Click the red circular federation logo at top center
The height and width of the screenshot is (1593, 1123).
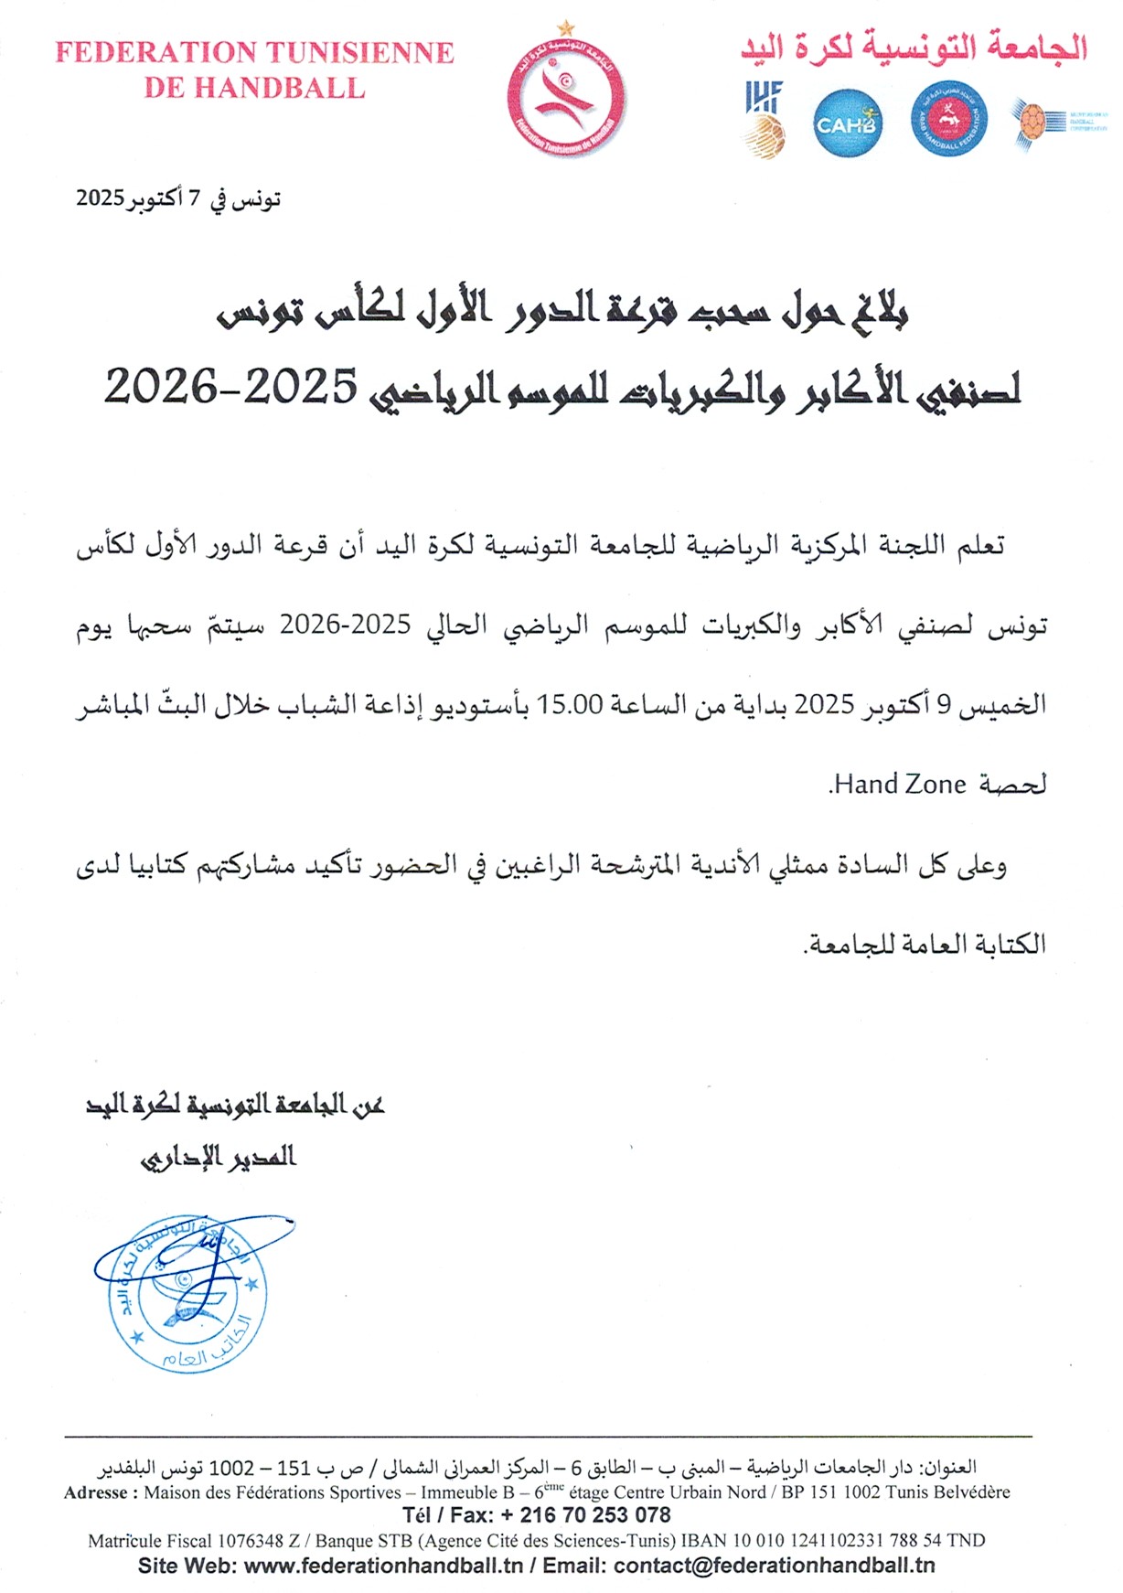pos(566,96)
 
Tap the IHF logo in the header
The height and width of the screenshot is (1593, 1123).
pos(765,120)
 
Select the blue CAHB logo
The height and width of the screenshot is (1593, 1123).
pos(847,123)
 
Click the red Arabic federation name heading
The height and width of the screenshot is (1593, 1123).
pos(914,47)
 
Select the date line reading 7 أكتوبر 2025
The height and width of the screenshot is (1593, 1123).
pos(178,198)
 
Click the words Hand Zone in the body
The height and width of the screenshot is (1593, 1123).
pos(900,784)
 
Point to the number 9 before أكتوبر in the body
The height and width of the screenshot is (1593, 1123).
pos(945,704)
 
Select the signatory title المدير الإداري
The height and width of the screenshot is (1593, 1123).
pos(219,1157)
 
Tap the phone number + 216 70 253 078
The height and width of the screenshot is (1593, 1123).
pos(585,1515)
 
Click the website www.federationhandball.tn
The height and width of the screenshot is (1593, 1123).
pos(384,1566)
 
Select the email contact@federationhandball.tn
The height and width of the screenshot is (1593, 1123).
pos(774,1566)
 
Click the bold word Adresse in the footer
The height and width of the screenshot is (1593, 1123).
pos(96,1492)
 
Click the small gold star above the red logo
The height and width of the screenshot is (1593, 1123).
pos(567,28)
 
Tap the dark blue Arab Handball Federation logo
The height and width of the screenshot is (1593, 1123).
pos(948,120)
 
